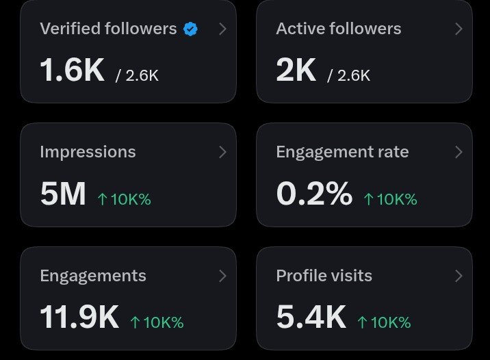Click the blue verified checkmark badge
190,29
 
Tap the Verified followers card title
108,29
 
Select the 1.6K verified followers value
72,70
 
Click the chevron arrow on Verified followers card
222,29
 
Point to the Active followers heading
339,29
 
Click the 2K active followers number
296,70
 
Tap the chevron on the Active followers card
459,29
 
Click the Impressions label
88,152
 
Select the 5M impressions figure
63,194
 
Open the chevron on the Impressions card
222,152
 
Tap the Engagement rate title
342,152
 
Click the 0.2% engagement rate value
314,194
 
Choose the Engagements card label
93,276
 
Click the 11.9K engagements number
79,317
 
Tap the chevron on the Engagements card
222,276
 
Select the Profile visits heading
324,275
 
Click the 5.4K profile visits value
311,317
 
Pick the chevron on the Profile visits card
459,276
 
